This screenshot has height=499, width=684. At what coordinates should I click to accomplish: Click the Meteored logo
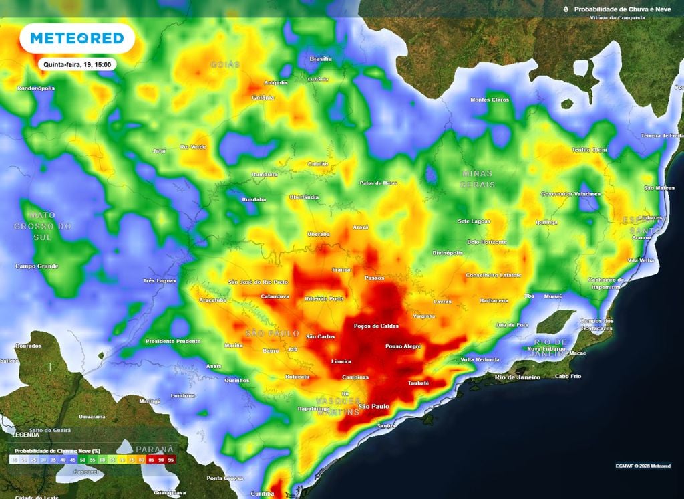[x=77, y=39]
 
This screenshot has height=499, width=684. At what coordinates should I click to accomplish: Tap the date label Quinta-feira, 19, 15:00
[x=77, y=64]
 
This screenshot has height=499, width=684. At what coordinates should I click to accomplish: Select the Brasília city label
[x=321, y=59]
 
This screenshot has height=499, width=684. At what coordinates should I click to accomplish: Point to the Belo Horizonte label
[x=487, y=242]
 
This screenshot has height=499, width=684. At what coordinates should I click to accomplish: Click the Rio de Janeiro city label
[x=518, y=377]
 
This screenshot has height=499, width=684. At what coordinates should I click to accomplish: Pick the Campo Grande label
[x=37, y=266]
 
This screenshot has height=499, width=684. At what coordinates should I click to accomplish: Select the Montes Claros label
[x=490, y=100]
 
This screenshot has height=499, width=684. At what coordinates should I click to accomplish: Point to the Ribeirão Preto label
[x=324, y=298]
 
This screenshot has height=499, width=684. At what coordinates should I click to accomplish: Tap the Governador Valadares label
[x=570, y=194]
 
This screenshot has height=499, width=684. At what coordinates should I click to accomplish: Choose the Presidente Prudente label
[x=173, y=342]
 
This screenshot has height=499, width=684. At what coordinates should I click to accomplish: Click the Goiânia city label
[x=263, y=98]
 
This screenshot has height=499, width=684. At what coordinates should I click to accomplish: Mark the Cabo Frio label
[x=568, y=377]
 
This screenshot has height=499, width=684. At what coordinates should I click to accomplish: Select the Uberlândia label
[x=304, y=197]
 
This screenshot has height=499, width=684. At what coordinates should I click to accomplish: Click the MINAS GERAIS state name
[x=478, y=179]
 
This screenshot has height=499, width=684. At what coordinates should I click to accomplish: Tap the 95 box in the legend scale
[x=172, y=460]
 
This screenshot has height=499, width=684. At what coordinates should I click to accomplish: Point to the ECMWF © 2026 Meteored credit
[x=643, y=466]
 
